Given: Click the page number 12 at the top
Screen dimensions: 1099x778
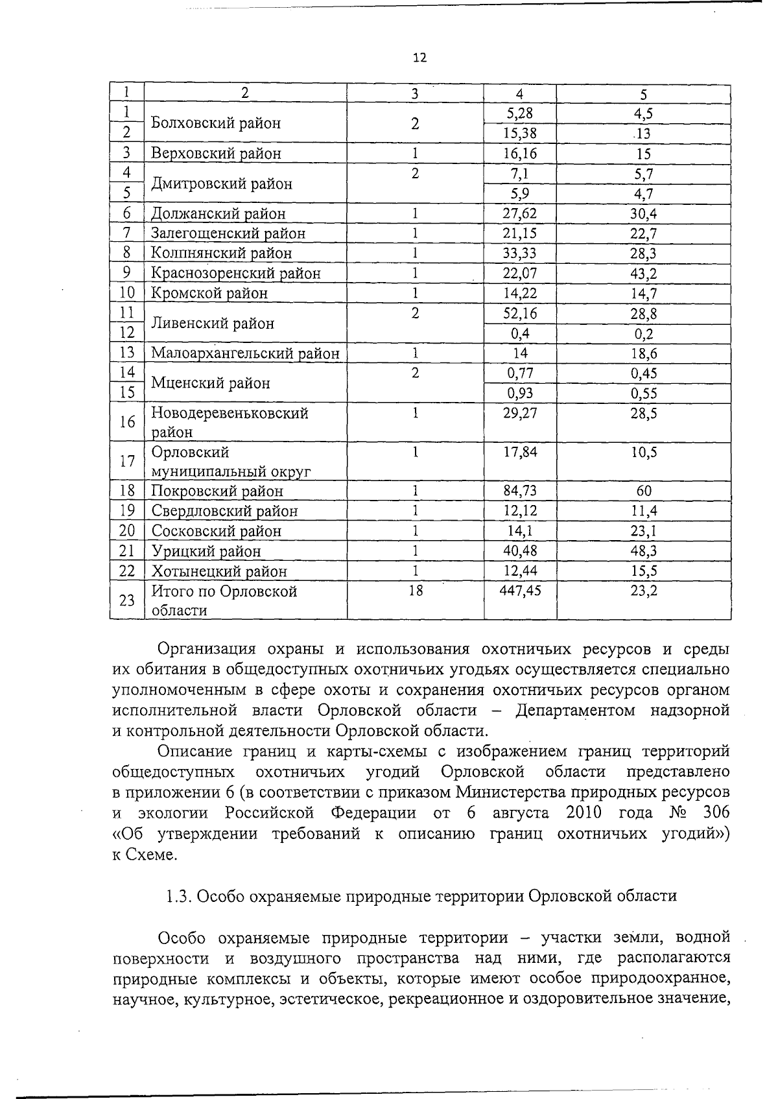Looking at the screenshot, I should pos(419,58).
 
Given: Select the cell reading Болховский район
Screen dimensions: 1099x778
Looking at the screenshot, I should pos(216,123).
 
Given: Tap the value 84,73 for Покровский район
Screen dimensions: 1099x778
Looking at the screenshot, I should pos(520,490).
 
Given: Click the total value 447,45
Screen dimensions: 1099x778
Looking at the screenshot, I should pos(520,591).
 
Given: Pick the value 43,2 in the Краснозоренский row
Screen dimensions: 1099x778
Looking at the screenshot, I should pos(643,274).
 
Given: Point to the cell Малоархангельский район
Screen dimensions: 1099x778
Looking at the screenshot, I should pos(245,353).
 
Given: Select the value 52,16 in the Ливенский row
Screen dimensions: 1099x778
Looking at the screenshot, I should pos(520,314).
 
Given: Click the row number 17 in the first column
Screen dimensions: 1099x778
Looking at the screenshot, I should pos(127,461).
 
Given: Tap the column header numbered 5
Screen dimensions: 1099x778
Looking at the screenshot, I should pos(644,93).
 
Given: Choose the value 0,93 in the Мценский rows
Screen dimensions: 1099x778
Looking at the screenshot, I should pos(520,394).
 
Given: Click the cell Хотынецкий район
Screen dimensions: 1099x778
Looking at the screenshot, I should pos(218,571).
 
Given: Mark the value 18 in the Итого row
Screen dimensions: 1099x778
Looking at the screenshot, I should pos(415,591).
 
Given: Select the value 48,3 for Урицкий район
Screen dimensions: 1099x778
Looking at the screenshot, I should pos(643,551).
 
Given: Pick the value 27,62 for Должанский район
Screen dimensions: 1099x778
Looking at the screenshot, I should pos(520,213).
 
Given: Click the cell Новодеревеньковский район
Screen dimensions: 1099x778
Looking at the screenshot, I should pos(230,422).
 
